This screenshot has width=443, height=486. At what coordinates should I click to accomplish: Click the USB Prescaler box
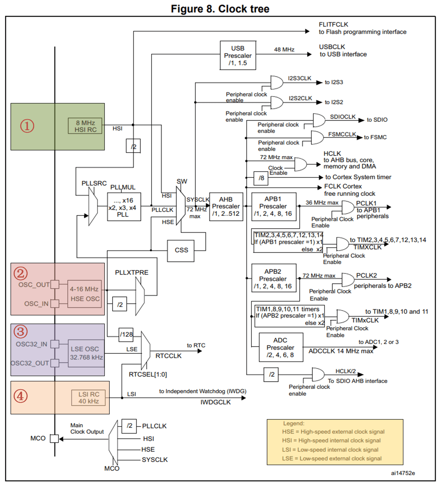238,55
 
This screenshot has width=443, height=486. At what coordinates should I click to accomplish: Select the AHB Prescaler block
226,207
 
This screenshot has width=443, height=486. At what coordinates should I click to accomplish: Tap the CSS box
181,251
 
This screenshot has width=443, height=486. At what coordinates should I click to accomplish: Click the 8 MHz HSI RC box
85,126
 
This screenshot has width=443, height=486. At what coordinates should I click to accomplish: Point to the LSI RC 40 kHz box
88,398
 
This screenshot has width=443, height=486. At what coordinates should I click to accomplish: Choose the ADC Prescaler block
281,347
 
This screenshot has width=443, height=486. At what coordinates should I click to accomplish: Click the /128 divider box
126,335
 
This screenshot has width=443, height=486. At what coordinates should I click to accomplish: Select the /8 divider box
261,178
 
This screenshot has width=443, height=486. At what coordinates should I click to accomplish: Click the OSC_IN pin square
55,303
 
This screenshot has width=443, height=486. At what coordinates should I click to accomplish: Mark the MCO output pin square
54,438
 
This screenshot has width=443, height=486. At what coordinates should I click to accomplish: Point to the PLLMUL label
123,187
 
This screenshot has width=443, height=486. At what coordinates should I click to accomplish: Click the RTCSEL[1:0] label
148,374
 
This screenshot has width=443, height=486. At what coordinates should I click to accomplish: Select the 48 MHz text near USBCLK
284,49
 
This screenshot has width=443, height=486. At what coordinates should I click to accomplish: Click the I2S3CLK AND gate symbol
276,83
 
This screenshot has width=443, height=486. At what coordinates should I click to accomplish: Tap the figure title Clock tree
220,9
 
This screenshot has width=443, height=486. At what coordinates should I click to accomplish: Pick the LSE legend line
332,458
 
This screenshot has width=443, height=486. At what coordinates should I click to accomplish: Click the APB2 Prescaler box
273,279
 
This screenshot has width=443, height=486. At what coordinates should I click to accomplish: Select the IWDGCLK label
215,402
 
